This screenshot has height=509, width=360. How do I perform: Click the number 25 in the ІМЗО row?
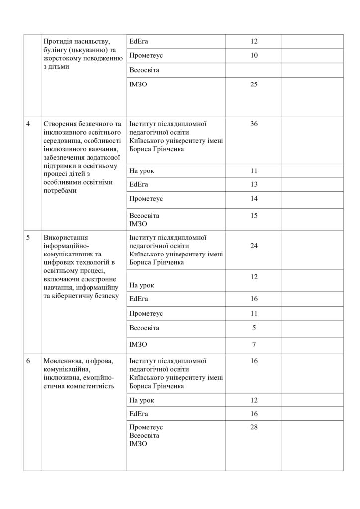pos(254,85)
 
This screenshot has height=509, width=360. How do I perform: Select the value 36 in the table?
pos(254,124)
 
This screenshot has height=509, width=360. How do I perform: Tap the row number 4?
pos(28,124)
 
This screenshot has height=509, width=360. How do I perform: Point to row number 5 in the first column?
pos(28,238)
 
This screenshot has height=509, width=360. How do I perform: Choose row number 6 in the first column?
pos(28,361)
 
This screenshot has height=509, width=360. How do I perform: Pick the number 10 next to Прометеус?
pos(254,55)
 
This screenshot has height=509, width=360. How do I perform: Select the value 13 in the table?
pos(254,184)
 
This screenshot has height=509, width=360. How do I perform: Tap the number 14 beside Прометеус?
pos(254,199)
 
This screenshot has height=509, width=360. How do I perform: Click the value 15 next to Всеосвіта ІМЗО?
pos(254,215)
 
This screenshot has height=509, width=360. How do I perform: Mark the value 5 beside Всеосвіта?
pos(254,328)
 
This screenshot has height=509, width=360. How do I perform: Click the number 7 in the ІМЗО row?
pos(254,344)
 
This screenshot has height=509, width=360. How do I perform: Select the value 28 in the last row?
pos(254,427)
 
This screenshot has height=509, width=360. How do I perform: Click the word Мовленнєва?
pos(63,361)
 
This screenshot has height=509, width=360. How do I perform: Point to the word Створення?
pos(62,124)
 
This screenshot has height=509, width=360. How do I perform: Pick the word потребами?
pos(60,191)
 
